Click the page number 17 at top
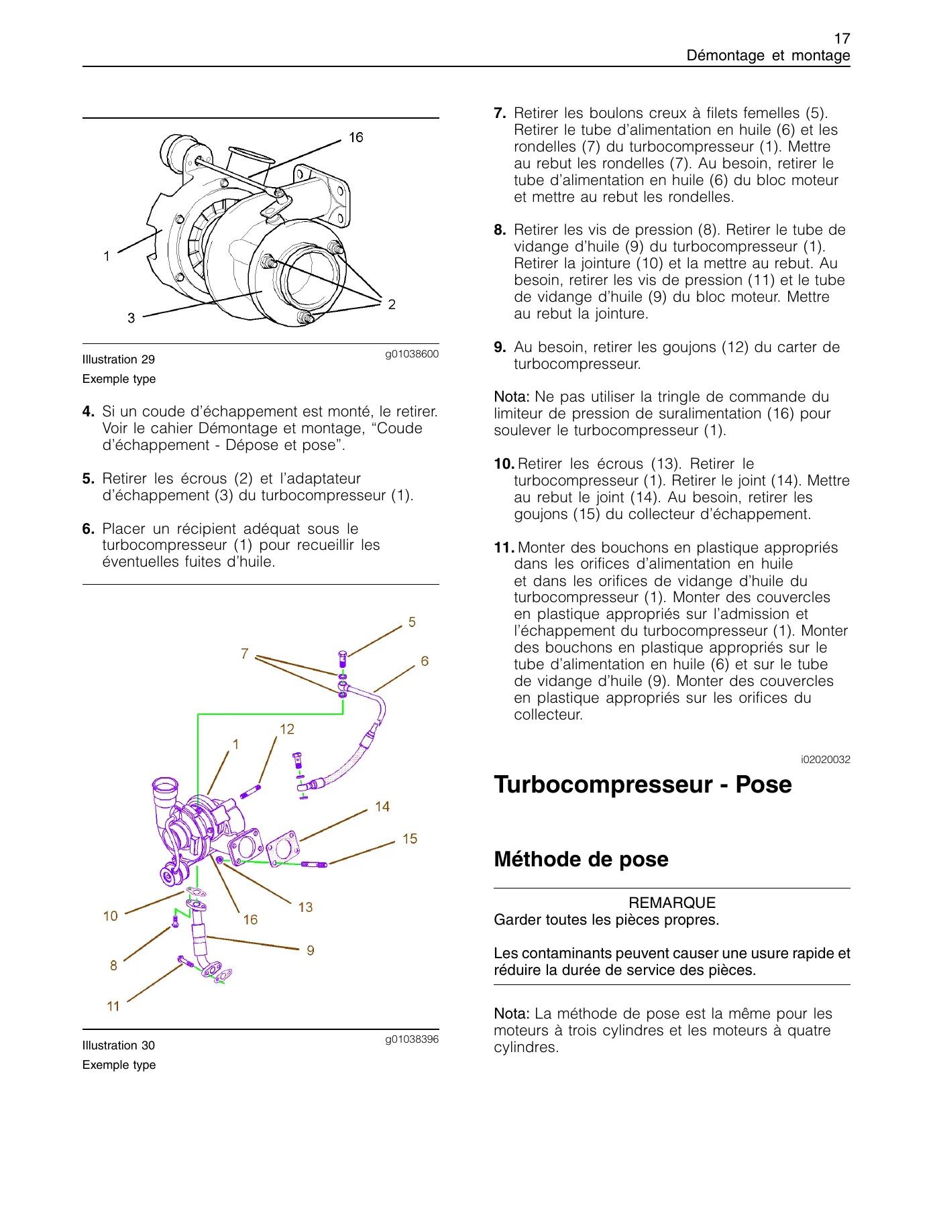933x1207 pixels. tap(842, 39)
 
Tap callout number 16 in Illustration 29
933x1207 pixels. tap(355, 137)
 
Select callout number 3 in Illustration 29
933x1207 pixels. tap(131, 318)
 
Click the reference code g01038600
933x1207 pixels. tap(412, 354)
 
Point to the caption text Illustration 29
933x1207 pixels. tap(119, 359)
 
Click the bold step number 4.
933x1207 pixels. tap(88, 412)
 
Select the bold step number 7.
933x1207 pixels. tap(500, 113)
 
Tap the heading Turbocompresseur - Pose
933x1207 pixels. tap(643, 785)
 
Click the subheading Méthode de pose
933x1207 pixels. tap(581, 860)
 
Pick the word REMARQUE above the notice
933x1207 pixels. tap(672, 903)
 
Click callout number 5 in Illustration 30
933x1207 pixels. tap(412, 622)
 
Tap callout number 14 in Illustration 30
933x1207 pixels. tap(382, 807)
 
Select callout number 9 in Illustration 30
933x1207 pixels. tap(311, 950)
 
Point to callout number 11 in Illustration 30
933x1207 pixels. tap(113, 1006)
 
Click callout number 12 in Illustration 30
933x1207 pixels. tap(287, 730)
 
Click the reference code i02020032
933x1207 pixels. tap(826, 760)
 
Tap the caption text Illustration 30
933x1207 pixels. tap(119, 1045)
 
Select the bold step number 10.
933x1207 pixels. tap(504, 464)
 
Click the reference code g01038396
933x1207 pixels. tap(412, 1039)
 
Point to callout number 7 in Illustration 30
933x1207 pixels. tap(245, 654)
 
